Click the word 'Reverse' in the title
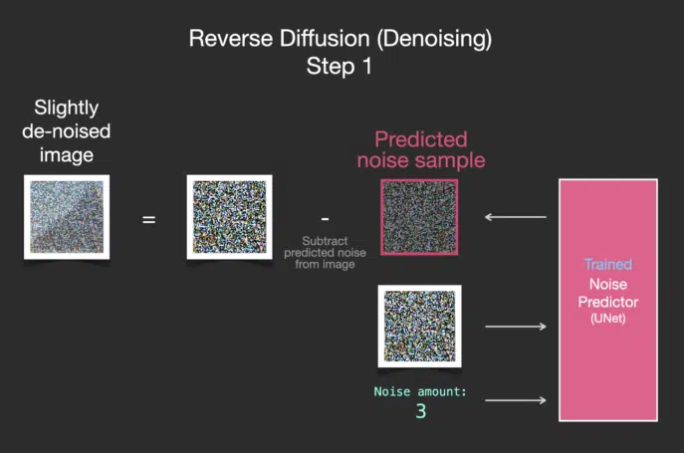pos(231,39)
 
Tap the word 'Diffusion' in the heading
pos(325,39)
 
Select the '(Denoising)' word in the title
pos(434,39)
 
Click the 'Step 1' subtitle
pos(339,67)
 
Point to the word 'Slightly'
pos(67,109)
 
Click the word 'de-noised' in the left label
pos(67,131)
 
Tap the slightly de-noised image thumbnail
pos(67,217)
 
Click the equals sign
pos(148,219)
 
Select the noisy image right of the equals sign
pos(229,217)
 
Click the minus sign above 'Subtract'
pos(325,218)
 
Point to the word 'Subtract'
pos(325,241)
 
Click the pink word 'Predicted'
pos(421,139)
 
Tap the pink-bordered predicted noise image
pos(419,217)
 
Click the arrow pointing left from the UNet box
pos(515,216)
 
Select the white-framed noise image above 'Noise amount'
pos(419,326)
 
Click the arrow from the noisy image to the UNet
pos(516,327)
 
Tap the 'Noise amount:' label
pos(420,391)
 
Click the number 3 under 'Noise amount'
pos(421,411)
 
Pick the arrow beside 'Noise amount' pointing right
pos(516,400)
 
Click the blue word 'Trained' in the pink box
pos(608,265)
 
